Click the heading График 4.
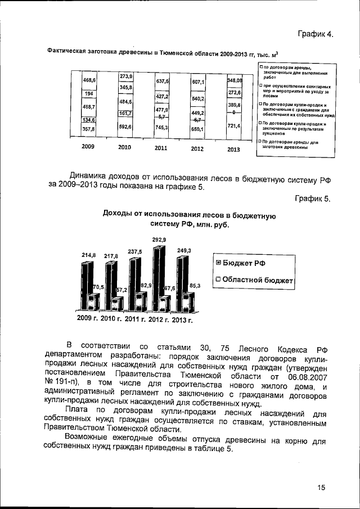pyautogui.click(x=316, y=34)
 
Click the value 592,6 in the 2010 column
pyautogui.click(x=125, y=127)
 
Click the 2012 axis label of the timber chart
pyautogui.click(x=197, y=149)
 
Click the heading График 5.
pyautogui.click(x=315, y=199)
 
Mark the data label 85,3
pyautogui.click(x=195, y=286)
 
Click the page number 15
pyautogui.click(x=321, y=487)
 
